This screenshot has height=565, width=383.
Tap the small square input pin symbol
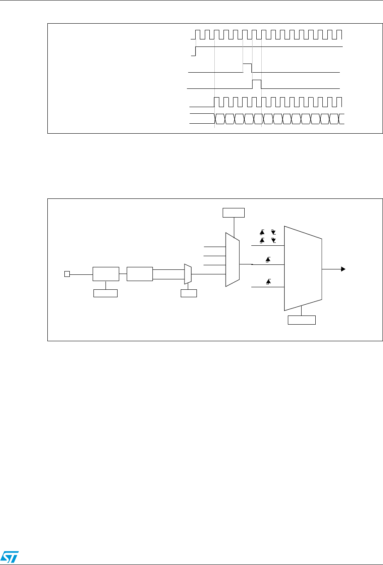pos(66,274)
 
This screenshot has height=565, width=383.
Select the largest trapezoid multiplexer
pos(302,268)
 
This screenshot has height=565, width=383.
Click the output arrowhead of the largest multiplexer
pos(343,269)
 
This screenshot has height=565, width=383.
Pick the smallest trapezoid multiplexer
pos(188,274)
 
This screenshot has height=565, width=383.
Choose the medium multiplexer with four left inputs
pos(232,259)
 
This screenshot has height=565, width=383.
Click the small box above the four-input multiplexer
pos(234,213)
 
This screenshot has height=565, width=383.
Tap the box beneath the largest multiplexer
pos(302,320)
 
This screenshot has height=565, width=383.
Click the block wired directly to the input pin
pos(106,274)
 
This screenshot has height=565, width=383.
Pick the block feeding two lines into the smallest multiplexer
pos(140,274)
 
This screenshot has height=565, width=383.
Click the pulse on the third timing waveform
pos(247,68)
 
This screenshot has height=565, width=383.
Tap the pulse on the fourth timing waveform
pos(257,83)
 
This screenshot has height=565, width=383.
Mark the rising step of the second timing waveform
pos(196,51)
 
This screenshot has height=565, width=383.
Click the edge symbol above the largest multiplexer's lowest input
pos(268,282)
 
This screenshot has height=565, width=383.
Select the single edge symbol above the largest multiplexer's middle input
pos(268,260)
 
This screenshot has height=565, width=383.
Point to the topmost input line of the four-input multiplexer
pos(214,247)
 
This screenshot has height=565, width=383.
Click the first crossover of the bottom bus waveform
pos(215,118)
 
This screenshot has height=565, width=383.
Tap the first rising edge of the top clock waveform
pos(196,34)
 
